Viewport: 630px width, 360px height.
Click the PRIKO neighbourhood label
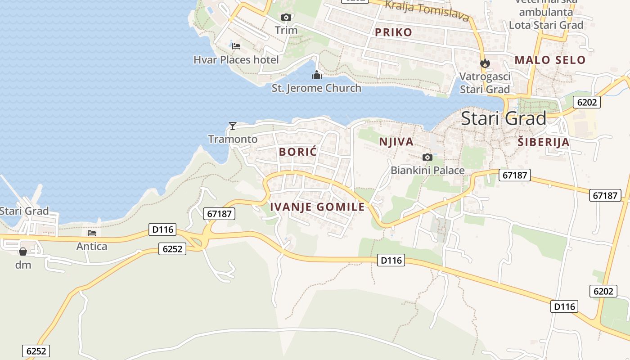[393, 32]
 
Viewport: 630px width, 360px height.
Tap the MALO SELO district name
[550, 60]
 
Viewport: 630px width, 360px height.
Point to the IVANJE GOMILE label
[317, 207]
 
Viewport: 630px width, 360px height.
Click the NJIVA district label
[396, 142]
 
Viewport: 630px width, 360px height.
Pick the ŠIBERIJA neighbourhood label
[543, 143]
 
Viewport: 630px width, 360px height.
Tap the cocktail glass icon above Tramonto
[233, 126]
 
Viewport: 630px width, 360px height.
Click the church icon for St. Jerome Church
[317, 75]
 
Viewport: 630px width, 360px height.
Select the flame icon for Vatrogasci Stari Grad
[485, 63]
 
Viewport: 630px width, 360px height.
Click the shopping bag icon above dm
[23, 251]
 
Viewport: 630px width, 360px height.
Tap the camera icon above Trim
[286, 18]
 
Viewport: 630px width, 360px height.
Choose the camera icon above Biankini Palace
[427, 157]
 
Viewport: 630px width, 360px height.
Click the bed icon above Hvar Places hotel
[236, 46]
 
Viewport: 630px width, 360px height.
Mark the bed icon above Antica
[92, 233]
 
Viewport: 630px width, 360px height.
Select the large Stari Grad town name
[504, 118]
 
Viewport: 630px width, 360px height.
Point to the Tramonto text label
[233, 139]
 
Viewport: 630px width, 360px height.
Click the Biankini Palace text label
[427, 171]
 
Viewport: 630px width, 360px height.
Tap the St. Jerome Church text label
[316, 88]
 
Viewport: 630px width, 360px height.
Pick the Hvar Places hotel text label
[236, 60]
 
